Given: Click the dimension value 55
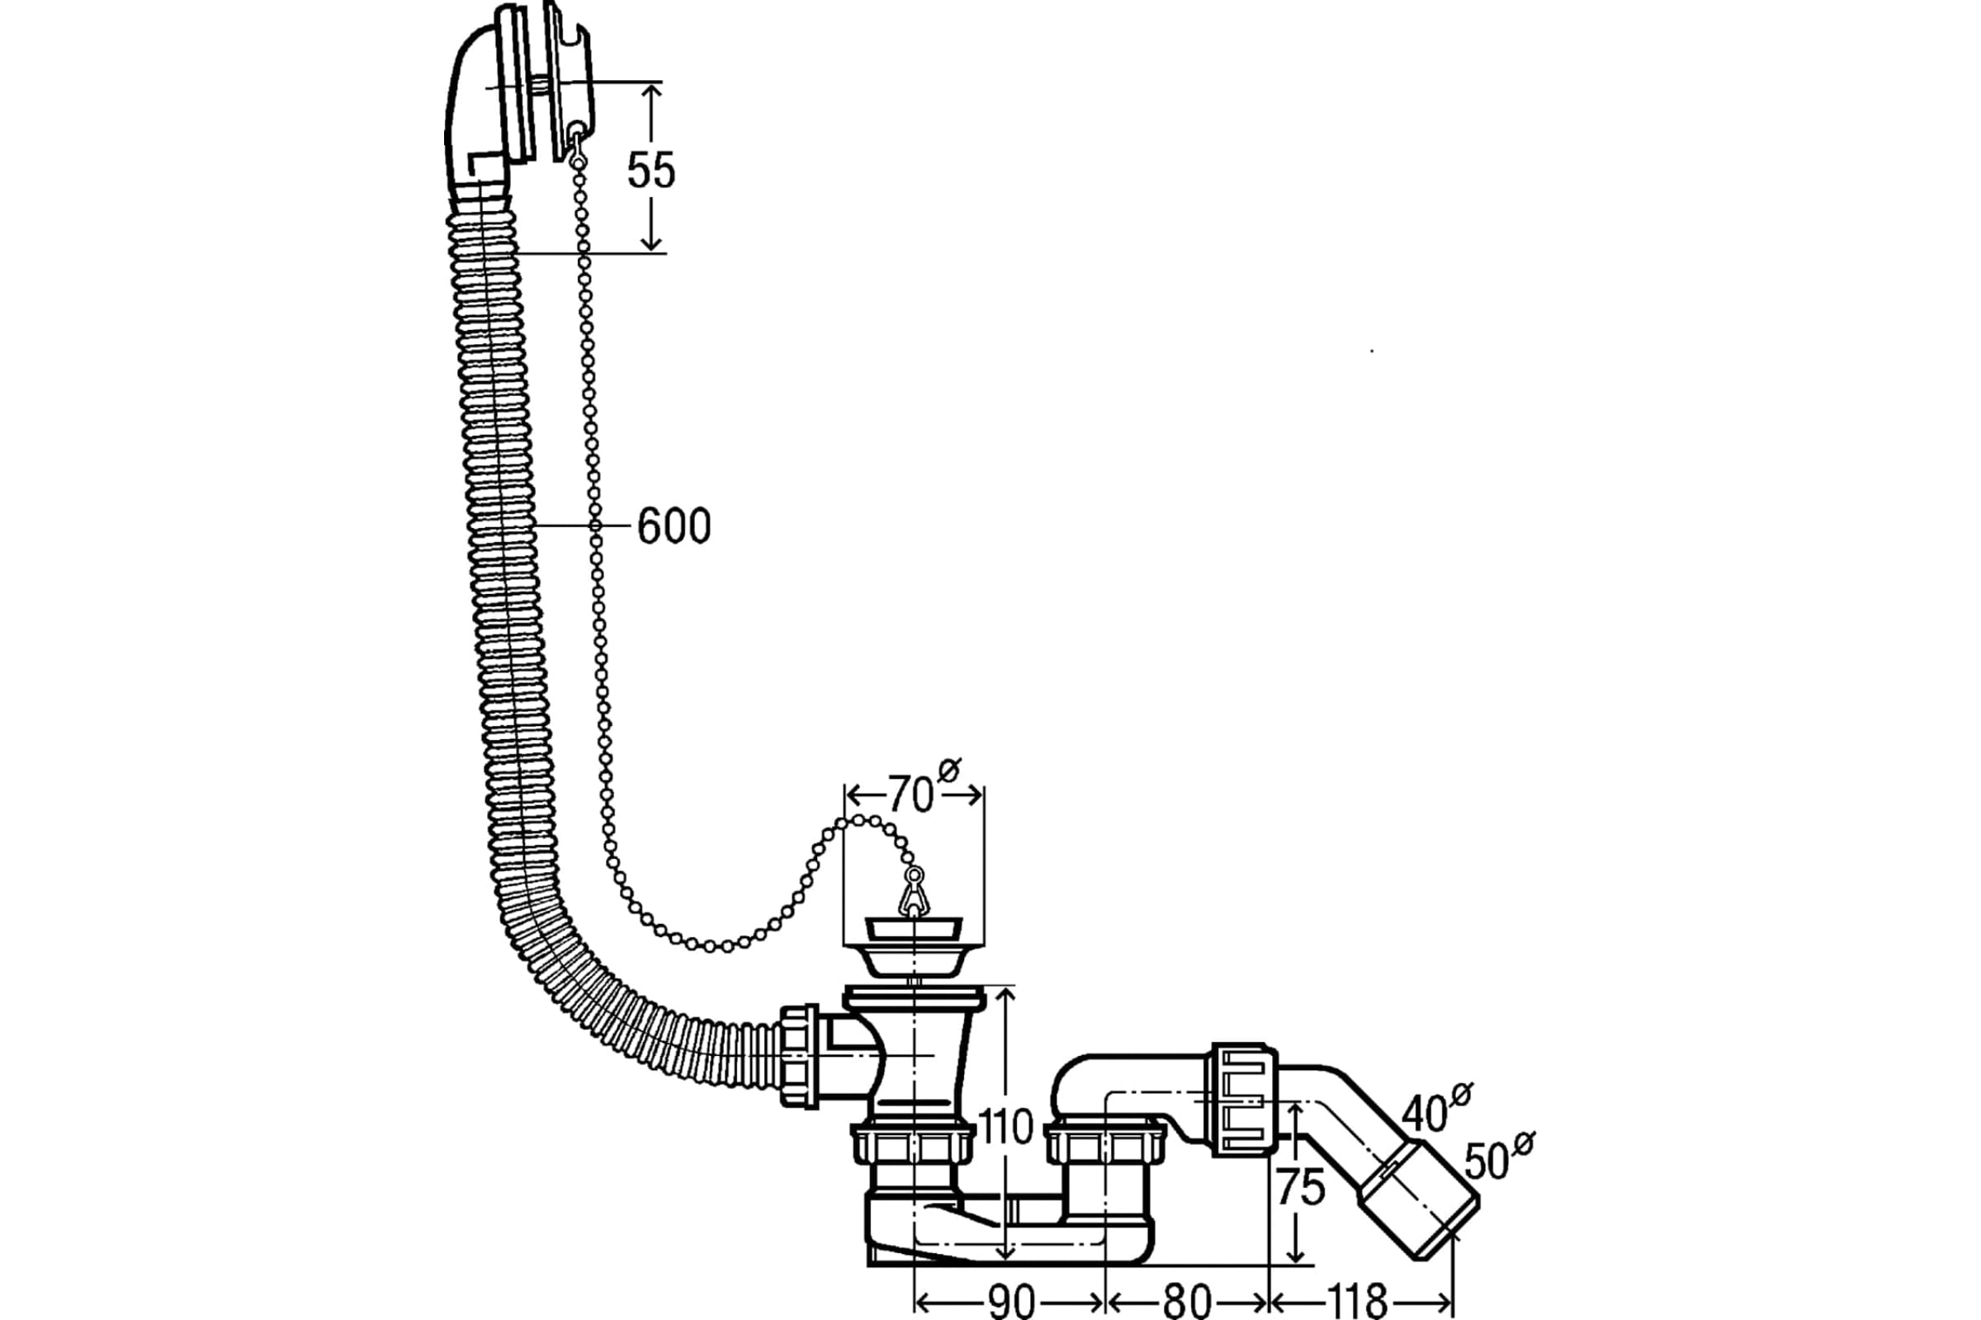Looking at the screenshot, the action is [x=651, y=170].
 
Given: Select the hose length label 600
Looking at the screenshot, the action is [x=674, y=526].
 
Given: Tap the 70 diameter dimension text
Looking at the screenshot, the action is [x=910, y=794].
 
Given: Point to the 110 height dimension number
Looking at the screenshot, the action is [x=1005, y=1126].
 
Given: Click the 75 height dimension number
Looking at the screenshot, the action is [x=1301, y=1188].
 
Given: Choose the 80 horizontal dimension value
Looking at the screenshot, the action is [x=1187, y=1302].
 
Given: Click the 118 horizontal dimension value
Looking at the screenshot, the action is [x=1359, y=1302].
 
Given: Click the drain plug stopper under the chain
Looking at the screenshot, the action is [x=913, y=948].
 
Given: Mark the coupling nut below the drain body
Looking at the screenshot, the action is [x=913, y=1145].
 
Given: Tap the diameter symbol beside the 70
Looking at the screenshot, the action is [x=949, y=770].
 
